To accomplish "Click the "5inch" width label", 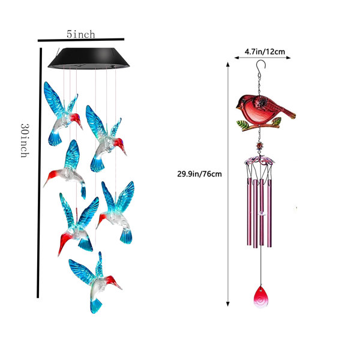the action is (81, 34).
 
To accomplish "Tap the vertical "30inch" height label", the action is (25, 140).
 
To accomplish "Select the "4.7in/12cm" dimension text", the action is (265, 52).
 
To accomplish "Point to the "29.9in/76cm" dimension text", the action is (199, 174).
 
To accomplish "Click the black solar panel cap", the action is (89, 58).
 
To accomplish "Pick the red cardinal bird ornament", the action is (266, 113).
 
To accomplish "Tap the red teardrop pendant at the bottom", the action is (260, 296).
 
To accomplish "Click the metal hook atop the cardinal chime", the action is (261, 65).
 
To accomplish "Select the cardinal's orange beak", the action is (238, 106).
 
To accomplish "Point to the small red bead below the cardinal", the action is (260, 146).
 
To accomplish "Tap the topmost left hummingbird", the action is (63, 113).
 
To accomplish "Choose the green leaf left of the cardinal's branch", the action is (242, 125).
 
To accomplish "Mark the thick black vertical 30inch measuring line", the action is (39, 173).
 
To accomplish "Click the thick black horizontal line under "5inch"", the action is (81, 40).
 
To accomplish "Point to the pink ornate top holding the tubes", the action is (259, 160).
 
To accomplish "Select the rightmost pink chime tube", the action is (269, 213).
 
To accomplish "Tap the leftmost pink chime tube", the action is (249, 212).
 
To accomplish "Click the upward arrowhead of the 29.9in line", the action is (228, 64).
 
